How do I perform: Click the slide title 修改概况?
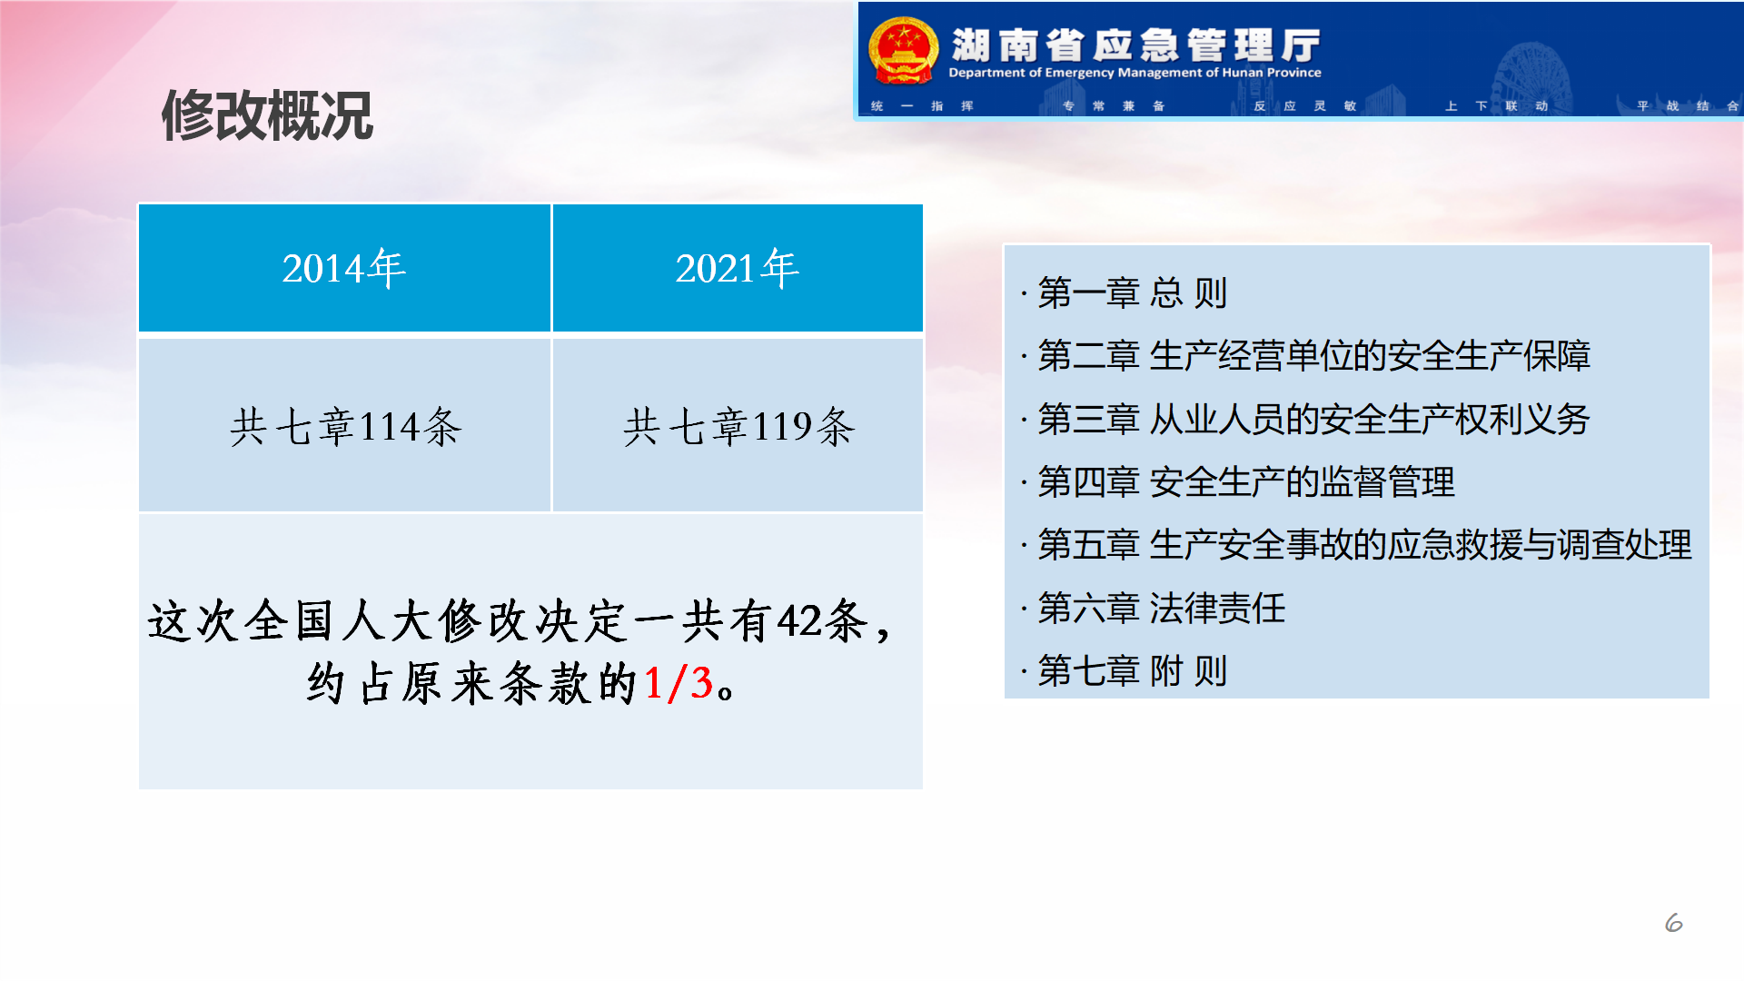[267, 115]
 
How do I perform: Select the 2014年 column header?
[344, 268]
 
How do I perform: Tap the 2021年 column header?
[738, 268]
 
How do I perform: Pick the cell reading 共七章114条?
[344, 425]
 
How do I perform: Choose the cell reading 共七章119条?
[738, 425]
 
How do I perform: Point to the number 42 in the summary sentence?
[799, 621]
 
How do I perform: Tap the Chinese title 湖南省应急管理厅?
[1135, 45]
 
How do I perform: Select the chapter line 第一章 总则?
[1132, 292]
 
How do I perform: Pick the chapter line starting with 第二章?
[1313, 355]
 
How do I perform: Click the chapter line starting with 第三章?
[1313, 419]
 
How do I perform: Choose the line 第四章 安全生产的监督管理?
[1245, 481]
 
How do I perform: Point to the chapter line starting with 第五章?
[1364, 544]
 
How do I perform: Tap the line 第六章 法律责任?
[1161, 608]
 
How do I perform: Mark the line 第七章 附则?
[1132, 671]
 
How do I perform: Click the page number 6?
[1673, 923]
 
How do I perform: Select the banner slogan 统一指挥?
[922, 106]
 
